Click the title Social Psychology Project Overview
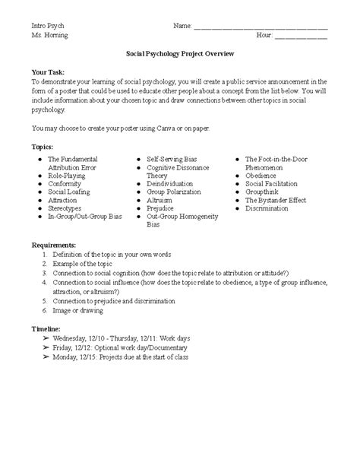click(180, 54)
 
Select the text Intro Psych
click(47, 25)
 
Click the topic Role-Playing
click(69, 175)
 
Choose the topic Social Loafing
click(71, 192)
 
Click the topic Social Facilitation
click(275, 183)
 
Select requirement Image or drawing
click(80, 310)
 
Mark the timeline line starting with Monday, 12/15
click(121, 356)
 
